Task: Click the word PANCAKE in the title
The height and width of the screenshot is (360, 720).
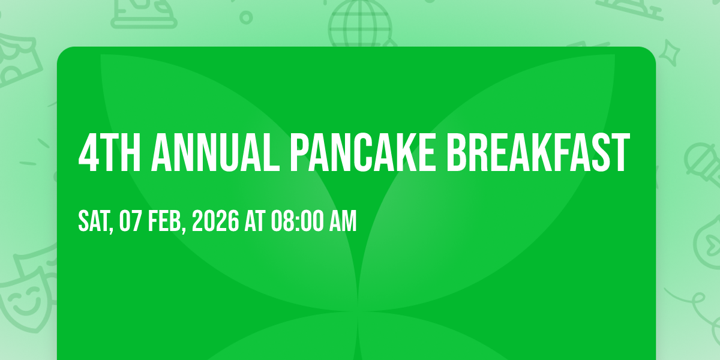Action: coord(362,152)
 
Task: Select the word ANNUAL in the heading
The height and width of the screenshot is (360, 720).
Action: coord(215,152)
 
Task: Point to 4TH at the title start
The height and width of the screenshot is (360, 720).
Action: coord(110,152)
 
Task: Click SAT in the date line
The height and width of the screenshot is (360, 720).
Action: coord(93,221)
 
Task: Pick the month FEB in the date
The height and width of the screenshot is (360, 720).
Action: coord(164,221)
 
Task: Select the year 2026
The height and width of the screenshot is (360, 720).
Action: coord(215,221)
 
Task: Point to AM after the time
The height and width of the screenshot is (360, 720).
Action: coord(343,221)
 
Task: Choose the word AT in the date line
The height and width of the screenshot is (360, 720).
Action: coord(255,221)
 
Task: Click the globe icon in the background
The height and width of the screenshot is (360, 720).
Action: coord(361,23)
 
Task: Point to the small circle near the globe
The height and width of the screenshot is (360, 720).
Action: coord(246,17)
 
